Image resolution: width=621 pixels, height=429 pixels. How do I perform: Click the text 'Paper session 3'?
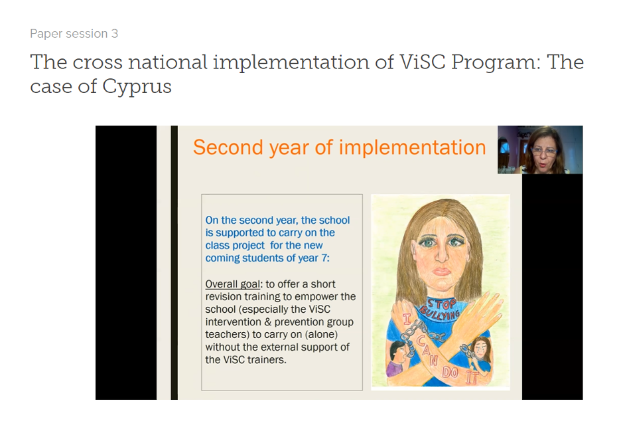pos(74,34)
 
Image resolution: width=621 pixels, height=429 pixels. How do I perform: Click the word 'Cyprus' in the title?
pos(137,86)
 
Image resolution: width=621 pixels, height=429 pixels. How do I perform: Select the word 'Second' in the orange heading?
pos(228,147)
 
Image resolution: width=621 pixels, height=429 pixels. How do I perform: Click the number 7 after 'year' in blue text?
pos(324,258)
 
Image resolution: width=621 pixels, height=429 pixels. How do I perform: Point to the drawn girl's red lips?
pos(441,271)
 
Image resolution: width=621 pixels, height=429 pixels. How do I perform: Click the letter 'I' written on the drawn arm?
pos(407,319)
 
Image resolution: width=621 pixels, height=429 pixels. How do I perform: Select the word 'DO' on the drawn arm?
pos(450,372)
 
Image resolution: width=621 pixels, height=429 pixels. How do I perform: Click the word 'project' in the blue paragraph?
pos(247,246)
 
